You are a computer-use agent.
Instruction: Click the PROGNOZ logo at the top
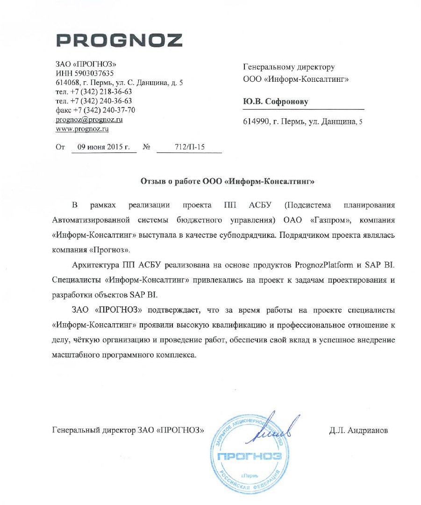point(119,41)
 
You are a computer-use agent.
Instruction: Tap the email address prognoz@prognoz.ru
point(89,120)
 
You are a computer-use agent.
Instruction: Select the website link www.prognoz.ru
point(82,129)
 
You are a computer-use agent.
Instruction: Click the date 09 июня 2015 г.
point(103,147)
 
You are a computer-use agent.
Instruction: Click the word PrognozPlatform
point(322,265)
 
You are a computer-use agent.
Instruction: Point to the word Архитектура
point(95,265)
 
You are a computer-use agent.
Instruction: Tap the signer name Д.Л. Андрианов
point(358,430)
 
